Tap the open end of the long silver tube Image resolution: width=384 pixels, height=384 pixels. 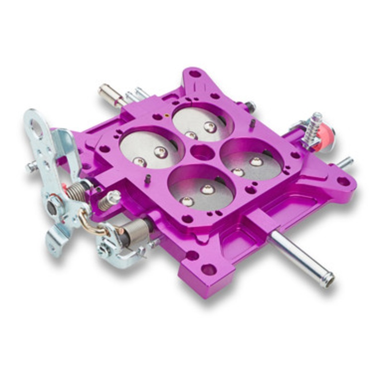pos(328,280)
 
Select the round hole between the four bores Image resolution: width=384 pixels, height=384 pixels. pos(202,153)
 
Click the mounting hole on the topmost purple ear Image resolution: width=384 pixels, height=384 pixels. pos(195,74)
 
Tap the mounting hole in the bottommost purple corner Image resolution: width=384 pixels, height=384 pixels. pos(209,269)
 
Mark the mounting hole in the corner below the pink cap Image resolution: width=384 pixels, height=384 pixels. pos(343,181)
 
